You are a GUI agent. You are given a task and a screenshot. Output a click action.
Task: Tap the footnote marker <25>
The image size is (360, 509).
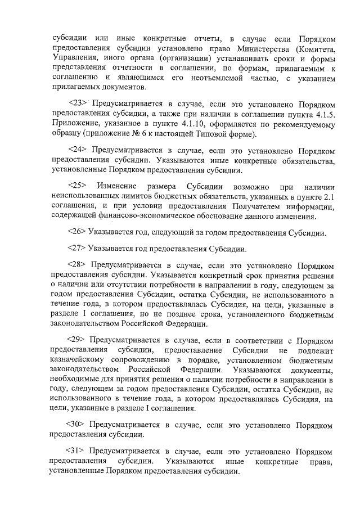tap(76, 186)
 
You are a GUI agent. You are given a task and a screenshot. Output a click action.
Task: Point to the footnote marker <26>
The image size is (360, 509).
tap(76, 232)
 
